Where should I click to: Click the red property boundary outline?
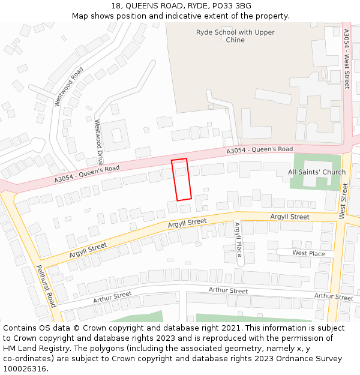[181, 179]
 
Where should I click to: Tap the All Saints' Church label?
[317, 172]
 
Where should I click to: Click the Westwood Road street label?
[68, 87]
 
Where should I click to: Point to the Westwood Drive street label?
[98, 142]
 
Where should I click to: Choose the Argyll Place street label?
[238, 239]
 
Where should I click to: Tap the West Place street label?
[308, 254]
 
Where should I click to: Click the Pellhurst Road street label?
[46, 286]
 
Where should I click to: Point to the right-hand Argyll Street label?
[290, 217]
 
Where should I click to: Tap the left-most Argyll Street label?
[88, 248]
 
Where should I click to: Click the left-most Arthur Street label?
[112, 297]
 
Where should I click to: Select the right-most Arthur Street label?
[334, 296]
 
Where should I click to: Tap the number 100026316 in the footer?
[25, 368]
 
